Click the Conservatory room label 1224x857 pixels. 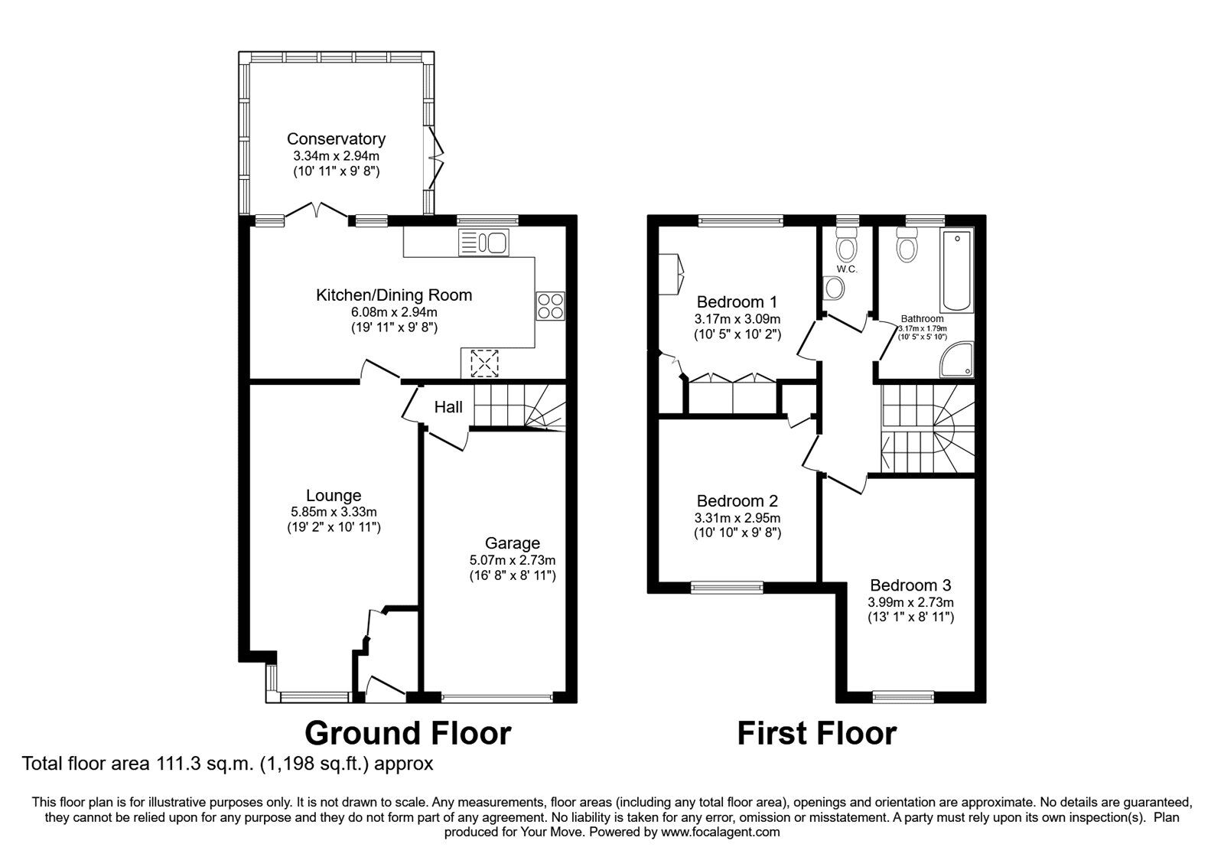(x=336, y=139)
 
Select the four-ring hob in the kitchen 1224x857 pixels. (x=551, y=306)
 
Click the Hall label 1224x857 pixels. (x=448, y=407)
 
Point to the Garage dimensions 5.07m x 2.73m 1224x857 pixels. (x=512, y=560)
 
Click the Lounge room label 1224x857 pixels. (x=334, y=496)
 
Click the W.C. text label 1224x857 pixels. (x=846, y=269)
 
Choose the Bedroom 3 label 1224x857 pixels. (x=910, y=585)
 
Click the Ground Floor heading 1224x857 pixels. (x=407, y=733)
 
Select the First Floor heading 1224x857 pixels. (x=816, y=733)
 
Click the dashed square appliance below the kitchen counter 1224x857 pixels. (x=483, y=363)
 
